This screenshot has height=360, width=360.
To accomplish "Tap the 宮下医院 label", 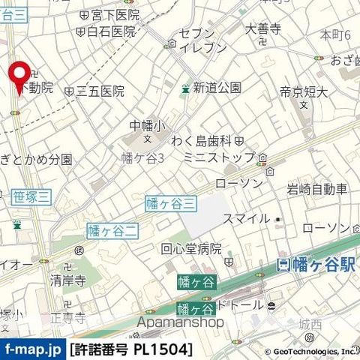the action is point(113,15).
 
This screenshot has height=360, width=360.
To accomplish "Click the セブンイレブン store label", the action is point(203,40).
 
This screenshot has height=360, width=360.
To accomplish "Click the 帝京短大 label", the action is point(304,92).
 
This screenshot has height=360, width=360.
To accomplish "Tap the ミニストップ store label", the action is point(220,159).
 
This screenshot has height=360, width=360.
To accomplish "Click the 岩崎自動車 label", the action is point(317,190).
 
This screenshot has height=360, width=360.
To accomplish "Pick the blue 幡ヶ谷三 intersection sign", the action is point(170,202).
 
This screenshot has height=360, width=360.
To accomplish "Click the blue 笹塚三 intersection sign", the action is point(31,196).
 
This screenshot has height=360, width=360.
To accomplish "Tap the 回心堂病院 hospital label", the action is point(191,249).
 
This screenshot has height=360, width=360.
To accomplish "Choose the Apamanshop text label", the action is point(181,322).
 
